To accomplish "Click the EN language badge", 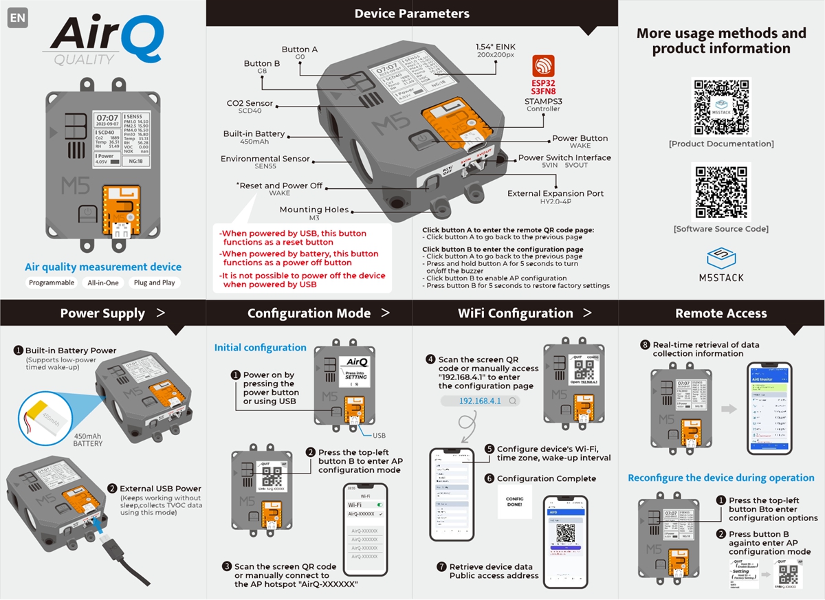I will (18, 19).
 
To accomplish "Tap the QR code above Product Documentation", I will (720, 107).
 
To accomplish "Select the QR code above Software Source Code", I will (720, 192).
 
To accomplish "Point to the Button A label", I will (300, 49).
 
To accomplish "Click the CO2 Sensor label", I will (250, 104).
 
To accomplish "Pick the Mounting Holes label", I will (314, 210).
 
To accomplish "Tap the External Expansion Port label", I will (555, 194).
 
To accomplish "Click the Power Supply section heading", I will (103, 313).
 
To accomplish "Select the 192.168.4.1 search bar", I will (480, 401).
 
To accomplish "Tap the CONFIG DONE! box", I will (514, 502).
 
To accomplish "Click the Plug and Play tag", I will (154, 282).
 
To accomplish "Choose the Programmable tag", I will (52, 282).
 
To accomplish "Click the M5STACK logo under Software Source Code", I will (720, 265).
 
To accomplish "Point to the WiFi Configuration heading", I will (516, 313).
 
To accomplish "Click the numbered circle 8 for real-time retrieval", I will (645, 345).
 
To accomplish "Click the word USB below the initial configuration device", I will (379, 436).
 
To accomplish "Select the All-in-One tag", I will (103, 282).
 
